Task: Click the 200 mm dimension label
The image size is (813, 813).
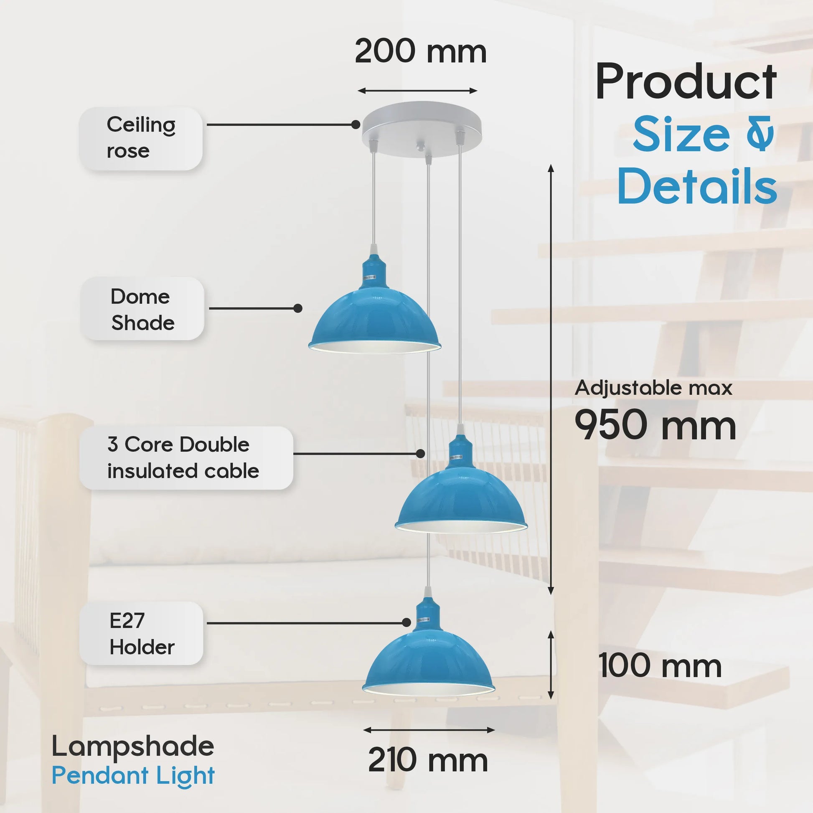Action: coord(420,51)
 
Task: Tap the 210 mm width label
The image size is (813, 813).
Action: coord(427,760)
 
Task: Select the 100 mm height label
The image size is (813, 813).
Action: coord(659,666)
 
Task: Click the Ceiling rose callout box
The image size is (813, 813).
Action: coord(140,138)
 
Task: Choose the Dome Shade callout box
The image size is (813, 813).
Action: coord(142,309)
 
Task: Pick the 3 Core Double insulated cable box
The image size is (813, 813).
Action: coord(186,458)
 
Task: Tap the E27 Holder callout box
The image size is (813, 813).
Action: coord(141,633)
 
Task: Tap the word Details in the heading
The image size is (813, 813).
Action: coord(697,186)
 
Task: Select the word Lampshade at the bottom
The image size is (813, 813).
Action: coord(132,746)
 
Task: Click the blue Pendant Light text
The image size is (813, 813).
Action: coord(133,775)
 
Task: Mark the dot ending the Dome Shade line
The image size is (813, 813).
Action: coord(298,308)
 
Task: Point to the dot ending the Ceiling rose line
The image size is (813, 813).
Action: coord(356,124)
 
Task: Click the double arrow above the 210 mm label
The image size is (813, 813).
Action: coord(428,730)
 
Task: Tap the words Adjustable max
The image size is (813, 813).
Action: coord(653,388)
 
